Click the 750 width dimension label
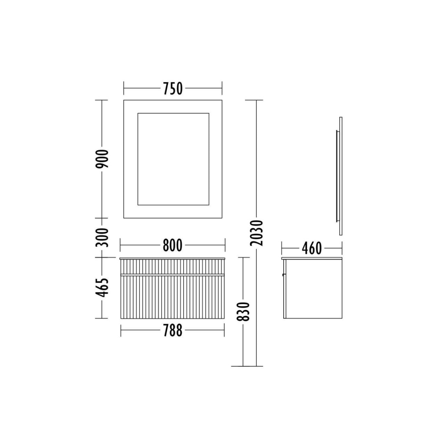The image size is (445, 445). pyautogui.click(x=173, y=89)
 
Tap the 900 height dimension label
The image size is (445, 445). pyautogui.click(x=102, y=159)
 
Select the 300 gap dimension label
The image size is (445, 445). pyautogui.click(x=102, y=238)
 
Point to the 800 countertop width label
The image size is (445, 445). pyautogui.click(x=172, y=245)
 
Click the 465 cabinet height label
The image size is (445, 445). pyautogui.click(x=102, y=287)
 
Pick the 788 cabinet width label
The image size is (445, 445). pyautogui.click(x=172, y=330)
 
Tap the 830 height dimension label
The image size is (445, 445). pyautogui.click(x=243, y=311)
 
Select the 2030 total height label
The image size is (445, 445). pyautogui.click(x=257, y=233)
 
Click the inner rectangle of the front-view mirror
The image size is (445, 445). pyautogui.click(x=173, y=113)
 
